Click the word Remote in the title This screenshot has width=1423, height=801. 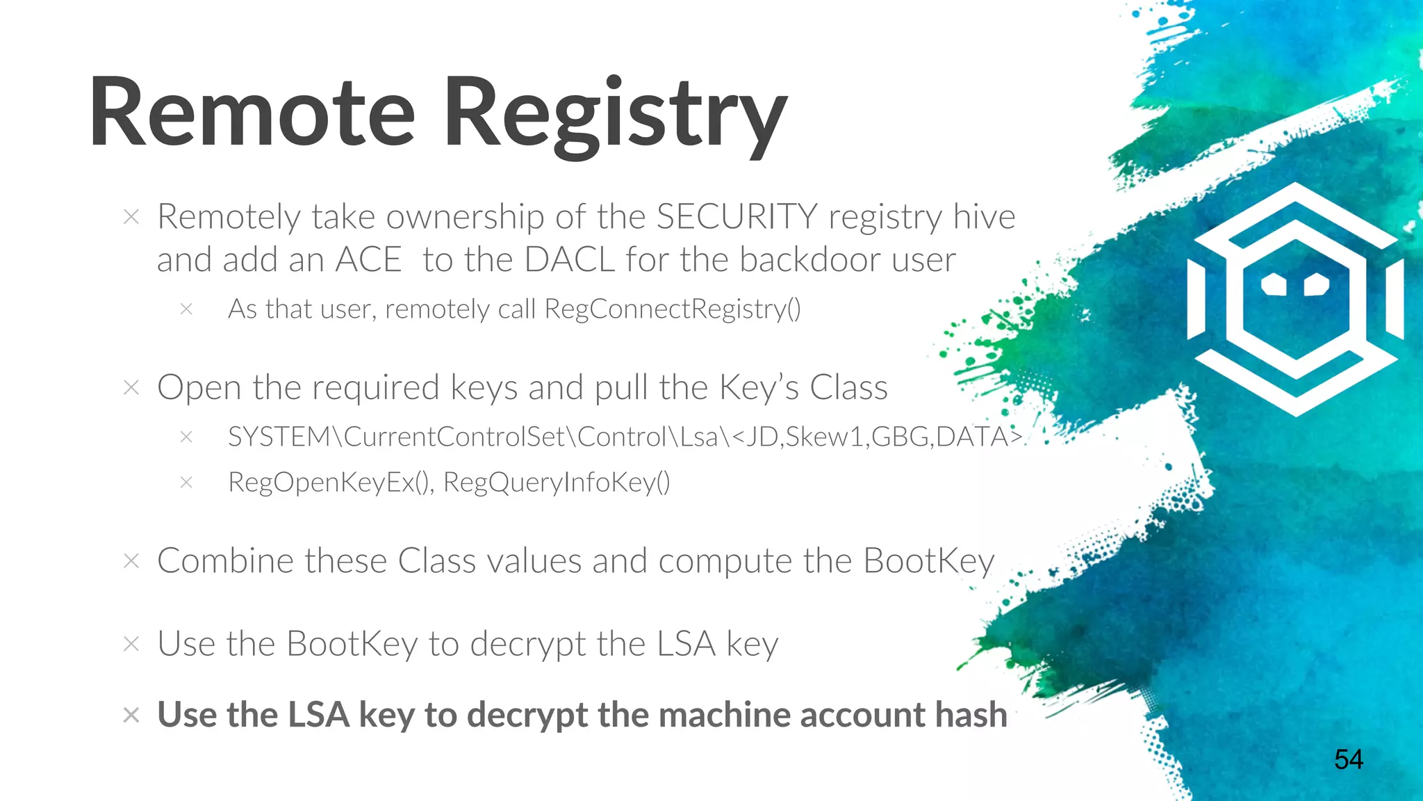pos(252,113)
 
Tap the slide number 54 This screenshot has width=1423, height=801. pos(1348,759)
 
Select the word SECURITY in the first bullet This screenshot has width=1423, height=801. pos(737,216)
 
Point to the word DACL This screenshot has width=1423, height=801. pos(569,260)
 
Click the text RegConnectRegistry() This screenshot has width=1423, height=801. pos(672,309)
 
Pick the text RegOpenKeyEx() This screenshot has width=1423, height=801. pos(331,482)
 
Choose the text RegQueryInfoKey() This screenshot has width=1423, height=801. pos(557,482)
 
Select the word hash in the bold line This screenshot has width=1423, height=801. pos(971,714)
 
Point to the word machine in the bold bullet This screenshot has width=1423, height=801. pos(725,714)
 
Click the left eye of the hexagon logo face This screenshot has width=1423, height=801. pos(1274,284)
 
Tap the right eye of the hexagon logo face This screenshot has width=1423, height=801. pos(1316,284)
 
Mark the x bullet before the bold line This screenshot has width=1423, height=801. pos(131,715)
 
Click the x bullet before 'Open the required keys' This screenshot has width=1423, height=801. pos(131,387)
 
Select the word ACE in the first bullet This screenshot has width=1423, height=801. pos(368,260)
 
